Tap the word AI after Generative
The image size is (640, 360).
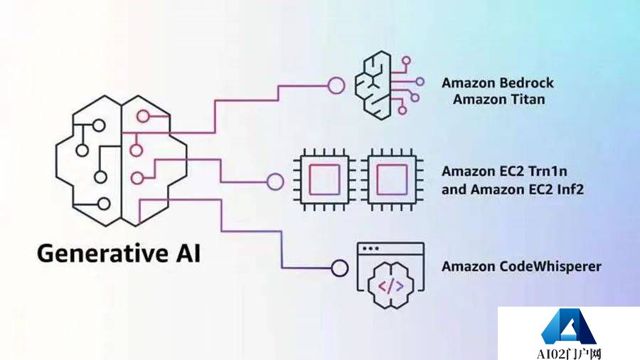[x=183, y=253]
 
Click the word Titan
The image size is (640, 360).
[x=528, y=99]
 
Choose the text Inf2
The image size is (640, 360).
[x=569, y=189]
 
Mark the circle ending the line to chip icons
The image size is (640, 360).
[x=274, y=181]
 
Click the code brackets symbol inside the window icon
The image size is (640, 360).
[x=390, y=286]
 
